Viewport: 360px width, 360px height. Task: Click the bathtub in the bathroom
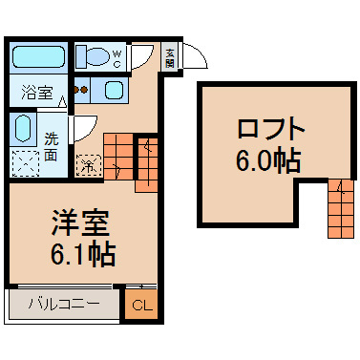click(38, 56)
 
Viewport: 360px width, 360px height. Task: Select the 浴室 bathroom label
click(36, 93)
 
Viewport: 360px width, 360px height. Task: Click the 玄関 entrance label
click(170, 58)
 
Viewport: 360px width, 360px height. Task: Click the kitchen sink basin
click(115, 90)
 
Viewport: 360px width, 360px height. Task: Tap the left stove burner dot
click(76, 90)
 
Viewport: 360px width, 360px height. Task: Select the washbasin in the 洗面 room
click(23, 128)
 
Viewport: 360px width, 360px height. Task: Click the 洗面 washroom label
click(51, 147)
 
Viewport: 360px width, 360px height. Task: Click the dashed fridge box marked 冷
click(89, 165)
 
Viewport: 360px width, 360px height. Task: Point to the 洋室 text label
click(80, 223)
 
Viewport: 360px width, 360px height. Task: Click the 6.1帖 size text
click(83, 254)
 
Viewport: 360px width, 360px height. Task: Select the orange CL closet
click(141, 304)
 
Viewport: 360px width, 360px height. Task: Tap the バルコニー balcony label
click(64, 305)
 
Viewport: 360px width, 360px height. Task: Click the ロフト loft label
click(271, 128)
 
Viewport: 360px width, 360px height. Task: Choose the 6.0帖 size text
click(268, 159)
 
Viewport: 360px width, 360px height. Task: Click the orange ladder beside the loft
click(341, 208)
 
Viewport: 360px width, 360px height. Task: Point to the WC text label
click(116, 59)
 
